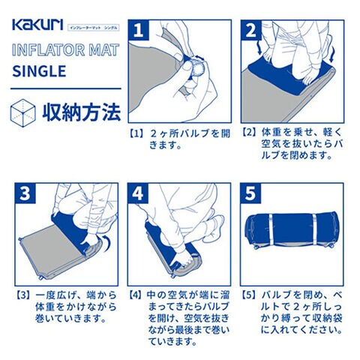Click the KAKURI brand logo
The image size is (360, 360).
(37, 25)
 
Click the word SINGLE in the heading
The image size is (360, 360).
(39, 71)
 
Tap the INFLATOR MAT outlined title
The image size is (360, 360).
(65, 49)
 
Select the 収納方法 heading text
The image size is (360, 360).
(82, 113)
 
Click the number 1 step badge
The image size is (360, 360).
(139, 30)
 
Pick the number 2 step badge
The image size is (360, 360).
(251, 30)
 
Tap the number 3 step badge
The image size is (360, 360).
(25, 193)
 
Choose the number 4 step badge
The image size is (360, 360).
(138, 193)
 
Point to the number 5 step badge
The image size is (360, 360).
(250, 193)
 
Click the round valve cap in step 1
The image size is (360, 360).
(197, 67)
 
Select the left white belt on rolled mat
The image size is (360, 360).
(271, 229)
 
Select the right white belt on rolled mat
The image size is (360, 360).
(314, 229)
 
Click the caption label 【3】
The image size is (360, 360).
(23, 295)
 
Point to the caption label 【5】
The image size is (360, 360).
(248, 295)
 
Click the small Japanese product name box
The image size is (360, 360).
(94, 28)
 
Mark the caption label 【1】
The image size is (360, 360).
(136, 133)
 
